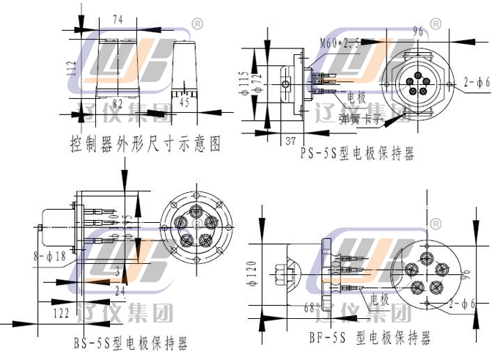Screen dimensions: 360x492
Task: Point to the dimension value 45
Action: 185,103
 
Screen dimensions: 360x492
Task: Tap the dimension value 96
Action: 419,31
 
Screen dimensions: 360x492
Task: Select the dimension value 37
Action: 289,140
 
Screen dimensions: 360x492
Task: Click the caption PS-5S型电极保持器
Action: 357,154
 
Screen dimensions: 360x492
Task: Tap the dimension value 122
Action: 62,312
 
